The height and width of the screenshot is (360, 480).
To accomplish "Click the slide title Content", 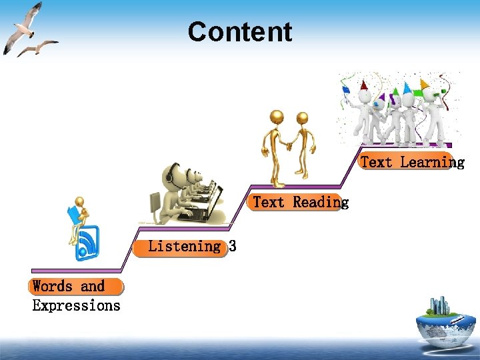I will [x=240, y=32].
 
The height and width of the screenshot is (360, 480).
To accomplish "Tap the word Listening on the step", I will [x=184, y=247].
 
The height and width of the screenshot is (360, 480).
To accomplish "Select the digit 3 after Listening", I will [x=233, y=247].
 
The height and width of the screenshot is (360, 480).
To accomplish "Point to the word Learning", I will [x=432, y=162].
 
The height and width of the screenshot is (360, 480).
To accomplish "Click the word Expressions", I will [x=76, y=306].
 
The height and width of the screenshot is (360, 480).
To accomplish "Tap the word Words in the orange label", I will [x=53, y=287].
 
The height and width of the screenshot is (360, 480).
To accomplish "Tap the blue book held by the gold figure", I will [x=73, y=215].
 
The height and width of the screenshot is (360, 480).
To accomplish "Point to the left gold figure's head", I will [x=276, y=118].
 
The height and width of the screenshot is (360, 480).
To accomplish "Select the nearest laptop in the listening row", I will [x=208, y=208].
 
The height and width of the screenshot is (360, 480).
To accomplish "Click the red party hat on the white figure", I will [x=363, y=85].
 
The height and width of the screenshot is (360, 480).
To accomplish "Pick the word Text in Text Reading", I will [x=269, y=202].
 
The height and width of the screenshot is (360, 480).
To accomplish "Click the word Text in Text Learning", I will [x=376, y=162].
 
